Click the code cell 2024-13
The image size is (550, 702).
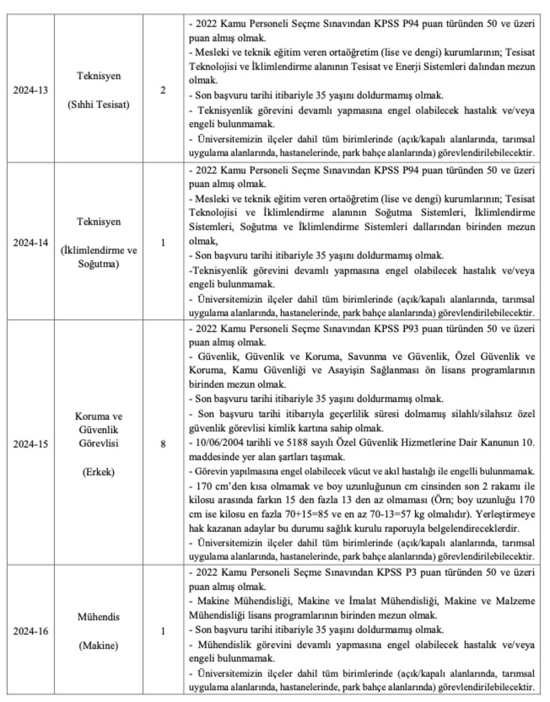click(x=30, y=90)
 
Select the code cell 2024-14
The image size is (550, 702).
click(x=30, y=243)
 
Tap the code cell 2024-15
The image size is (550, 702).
click(x=30, y=444)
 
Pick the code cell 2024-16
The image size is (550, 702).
click(x=30, y=631)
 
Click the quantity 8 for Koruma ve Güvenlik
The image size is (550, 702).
click(x=163, y=444)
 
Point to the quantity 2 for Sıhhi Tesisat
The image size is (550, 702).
click(x=163, y=90)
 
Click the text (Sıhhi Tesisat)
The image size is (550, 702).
click(x=99, y=104)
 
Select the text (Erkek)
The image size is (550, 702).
click(x=99, y=472)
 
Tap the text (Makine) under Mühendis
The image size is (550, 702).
click(x=99, y=646)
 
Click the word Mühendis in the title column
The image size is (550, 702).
click(x=99, y=617)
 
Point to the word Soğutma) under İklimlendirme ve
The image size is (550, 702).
click(x=99, y=264)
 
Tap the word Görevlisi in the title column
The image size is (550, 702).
click(x=99, y=444)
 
